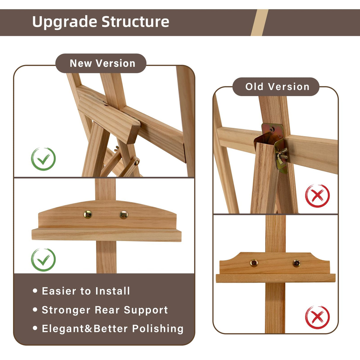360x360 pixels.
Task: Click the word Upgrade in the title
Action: (64, 22)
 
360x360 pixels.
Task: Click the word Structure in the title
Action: (135, 22)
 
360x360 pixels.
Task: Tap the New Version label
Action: (102, 63)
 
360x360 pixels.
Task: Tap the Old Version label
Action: (277, 87)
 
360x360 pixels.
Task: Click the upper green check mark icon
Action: (43, 159)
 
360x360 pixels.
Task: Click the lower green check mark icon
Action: (43, 260)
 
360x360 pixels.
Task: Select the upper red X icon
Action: (317, 196)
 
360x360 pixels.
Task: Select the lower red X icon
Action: (317, 317)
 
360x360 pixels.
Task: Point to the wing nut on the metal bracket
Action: (281, 154)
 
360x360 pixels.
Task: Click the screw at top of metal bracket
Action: (272, 129)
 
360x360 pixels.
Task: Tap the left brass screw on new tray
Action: (88, 214)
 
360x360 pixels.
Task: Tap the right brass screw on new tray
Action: (124, 215)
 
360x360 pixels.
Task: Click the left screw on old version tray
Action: (254, 263)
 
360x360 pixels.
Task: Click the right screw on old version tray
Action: (296, 263)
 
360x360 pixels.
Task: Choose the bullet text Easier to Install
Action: (86, 291)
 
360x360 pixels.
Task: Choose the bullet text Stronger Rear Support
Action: (105, 310)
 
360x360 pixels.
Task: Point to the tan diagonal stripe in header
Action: (259, 23)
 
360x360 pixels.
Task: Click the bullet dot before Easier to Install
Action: (35, 291)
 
